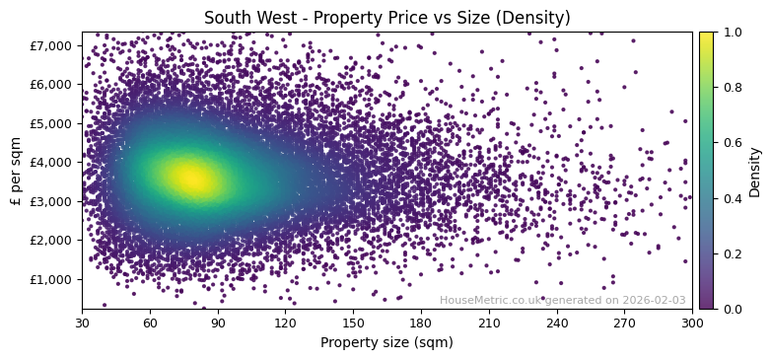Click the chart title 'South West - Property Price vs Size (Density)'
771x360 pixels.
point(386,18)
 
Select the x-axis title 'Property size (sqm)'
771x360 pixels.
point(386,343)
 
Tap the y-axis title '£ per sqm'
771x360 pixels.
point(16,171)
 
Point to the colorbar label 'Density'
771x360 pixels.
point(755,171)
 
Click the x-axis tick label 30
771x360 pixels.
point(82,323)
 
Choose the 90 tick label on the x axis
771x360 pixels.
point(218,323)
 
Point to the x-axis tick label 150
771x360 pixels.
point(353,323)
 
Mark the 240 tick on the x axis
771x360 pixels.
point(557,323)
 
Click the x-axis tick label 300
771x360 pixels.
point(692,323)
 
